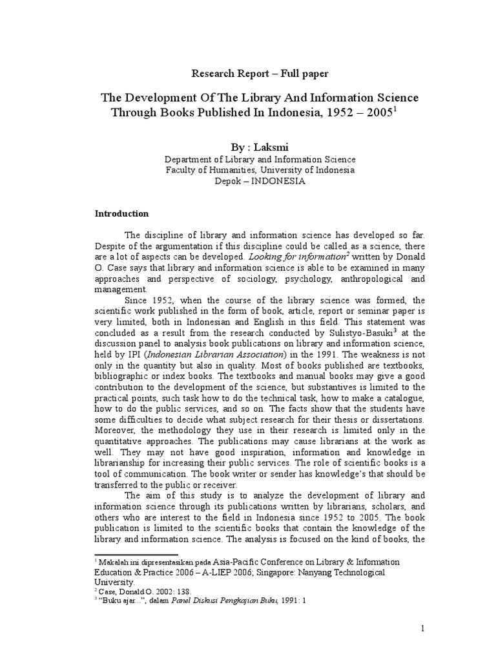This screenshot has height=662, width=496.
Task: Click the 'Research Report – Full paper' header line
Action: (260, 73)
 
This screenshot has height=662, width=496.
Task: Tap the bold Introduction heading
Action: (122, 213)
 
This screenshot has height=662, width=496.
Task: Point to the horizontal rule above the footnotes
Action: (136, 555)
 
